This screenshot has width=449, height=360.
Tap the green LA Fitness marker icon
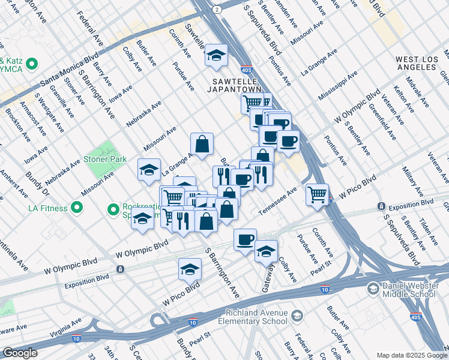click(76, 208)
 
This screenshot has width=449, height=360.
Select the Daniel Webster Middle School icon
click(373, 290)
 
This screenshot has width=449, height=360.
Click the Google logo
click(20, 353)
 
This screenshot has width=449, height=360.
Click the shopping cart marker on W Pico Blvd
click(316, 194)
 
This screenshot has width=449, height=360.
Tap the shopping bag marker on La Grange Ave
click(202, 143)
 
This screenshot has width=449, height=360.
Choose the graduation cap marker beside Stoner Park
click(149, 170)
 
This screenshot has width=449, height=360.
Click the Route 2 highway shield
click(215, 9)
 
